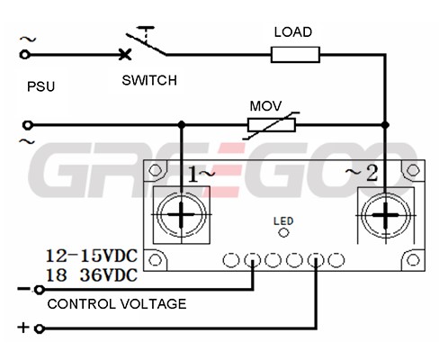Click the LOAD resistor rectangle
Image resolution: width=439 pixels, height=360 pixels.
tap(295, 55)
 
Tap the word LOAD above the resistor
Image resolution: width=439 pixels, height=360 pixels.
tap(293, 32)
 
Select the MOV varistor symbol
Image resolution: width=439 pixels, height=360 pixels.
tap(272, 125)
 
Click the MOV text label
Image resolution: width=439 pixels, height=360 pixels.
tap(265, 106)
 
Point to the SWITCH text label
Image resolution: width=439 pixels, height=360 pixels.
tap(149, 80)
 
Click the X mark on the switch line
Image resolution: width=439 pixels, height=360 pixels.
tap(125, 54)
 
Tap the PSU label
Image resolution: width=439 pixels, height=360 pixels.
tap(41, 86)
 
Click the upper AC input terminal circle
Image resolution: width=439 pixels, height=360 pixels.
tap(24, 55)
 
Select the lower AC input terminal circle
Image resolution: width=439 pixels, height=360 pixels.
tap(28, 125)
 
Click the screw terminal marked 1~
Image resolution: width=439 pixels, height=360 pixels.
tap(181, 215)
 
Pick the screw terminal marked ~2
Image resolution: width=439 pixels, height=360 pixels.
tap(386, 215)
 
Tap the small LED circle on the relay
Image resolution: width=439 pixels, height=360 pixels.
tap(283, 232)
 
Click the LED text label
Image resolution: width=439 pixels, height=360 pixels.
tap(283, 221)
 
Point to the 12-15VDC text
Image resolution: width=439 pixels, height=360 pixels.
tap(92, 256)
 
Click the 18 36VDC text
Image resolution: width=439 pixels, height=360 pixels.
tap(92, 274)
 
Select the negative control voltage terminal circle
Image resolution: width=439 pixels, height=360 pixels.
tap(40, 290)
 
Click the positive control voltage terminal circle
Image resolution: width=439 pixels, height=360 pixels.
tap(40, 328)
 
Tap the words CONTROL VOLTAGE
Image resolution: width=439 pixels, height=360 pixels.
tap(117, 304)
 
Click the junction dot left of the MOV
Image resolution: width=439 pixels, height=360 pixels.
tap(181, 125)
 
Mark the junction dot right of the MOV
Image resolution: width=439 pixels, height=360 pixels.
tap(385, 125)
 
